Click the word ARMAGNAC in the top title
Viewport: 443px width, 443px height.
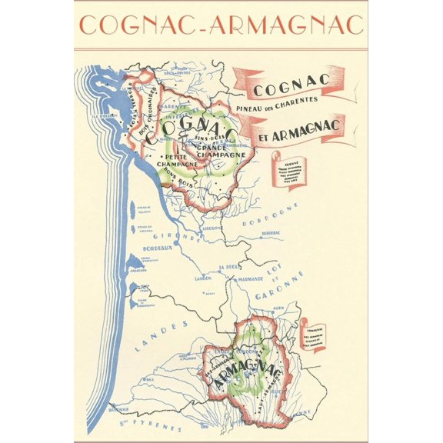(x=294, y=25)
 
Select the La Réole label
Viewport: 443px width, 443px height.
(x=229, y=267)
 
